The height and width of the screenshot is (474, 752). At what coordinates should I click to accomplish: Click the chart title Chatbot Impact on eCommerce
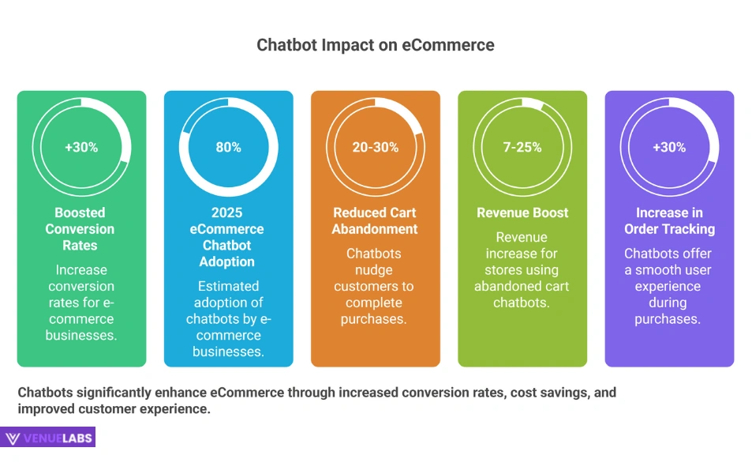point(376,45)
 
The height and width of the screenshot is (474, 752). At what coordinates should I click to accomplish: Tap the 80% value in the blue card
point(228,147)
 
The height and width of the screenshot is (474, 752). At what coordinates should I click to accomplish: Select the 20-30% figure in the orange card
point(375,147)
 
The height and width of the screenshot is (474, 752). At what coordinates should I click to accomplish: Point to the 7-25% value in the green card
point(522,147)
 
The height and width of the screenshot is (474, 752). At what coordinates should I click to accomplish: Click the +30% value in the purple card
point(669,147)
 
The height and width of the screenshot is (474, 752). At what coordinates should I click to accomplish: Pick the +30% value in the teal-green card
point(81,147)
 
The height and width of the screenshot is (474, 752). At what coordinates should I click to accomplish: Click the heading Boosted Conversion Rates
point(80,229)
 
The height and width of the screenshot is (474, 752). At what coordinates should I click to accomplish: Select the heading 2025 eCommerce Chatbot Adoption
point(227,237)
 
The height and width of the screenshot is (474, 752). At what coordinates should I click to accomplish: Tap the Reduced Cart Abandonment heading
point(375,220)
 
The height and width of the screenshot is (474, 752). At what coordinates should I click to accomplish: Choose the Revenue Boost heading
point(522,213)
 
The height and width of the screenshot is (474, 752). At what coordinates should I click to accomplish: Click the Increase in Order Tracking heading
point(669,220)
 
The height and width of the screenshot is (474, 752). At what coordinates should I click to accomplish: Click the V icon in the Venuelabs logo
point(13,438)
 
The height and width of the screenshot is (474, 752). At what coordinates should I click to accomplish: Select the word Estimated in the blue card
point(228,286)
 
